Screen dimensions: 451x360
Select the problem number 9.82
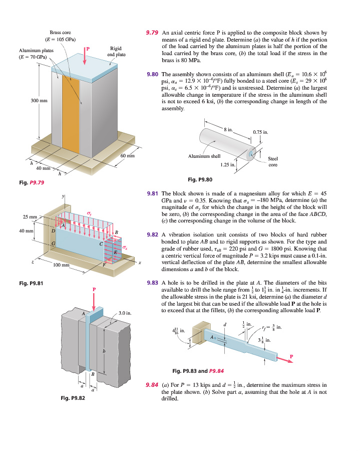coord(153,234)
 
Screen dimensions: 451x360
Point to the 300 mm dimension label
coord(39,101)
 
